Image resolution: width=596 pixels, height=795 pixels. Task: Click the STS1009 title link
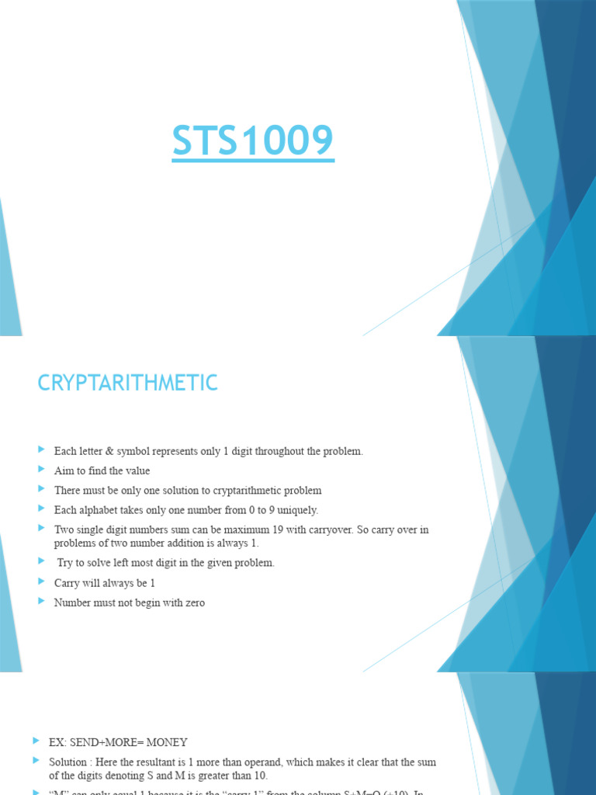click(253, 141)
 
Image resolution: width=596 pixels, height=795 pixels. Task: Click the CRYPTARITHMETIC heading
click(128, 383)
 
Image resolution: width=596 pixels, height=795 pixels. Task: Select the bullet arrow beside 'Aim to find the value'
click(41, 470)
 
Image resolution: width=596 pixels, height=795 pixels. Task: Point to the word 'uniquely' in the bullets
click(299, 510)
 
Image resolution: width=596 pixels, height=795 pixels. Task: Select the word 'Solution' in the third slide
click(68, 762)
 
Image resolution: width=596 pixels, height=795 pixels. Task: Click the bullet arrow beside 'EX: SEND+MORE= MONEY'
click(36, 741)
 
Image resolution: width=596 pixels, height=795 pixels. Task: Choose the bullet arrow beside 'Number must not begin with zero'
click(41, 602)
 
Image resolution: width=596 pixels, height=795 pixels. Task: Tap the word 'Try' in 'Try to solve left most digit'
click(66, 563)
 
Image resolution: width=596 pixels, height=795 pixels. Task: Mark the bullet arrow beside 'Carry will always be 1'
click(41, 581)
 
